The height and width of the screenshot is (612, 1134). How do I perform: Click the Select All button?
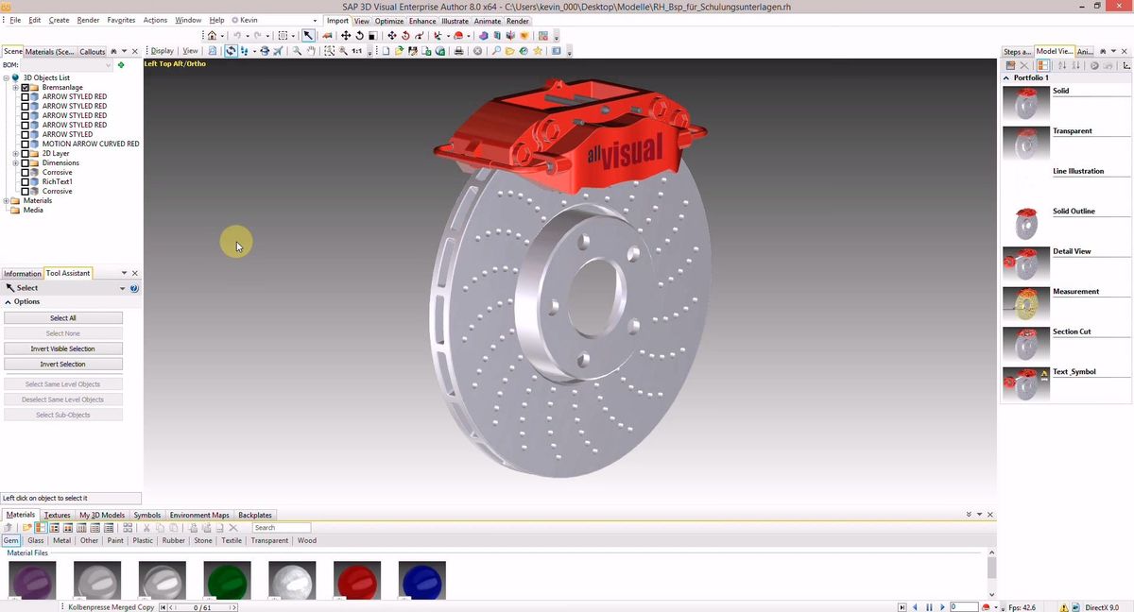point(63,318)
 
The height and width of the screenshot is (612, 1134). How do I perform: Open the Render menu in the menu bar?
point(88,20)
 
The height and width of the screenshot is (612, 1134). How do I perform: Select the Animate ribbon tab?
point(487,21)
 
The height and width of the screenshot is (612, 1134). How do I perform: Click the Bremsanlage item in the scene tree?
point(62,87)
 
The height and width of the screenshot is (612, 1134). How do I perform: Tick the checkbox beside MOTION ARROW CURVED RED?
point(25,144)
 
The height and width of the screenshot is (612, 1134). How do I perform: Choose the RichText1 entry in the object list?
point(57,181)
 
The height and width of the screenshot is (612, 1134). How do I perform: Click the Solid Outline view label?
point(1074,212)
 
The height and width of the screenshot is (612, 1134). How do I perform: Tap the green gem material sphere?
point(228,580)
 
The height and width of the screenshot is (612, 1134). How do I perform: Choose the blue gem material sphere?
point(422,580)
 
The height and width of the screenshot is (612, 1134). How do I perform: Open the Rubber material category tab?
point(173,541)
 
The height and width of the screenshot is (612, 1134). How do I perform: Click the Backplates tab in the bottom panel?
point(255,516)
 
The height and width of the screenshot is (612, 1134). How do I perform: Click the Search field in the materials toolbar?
point(281,528)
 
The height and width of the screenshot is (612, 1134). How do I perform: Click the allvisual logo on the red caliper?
point(625,150)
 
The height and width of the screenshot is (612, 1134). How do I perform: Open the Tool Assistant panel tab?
point(68,274)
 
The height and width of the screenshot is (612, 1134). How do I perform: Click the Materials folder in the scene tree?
point(38,200)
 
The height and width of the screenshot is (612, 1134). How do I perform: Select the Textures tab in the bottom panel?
point(57,516)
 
